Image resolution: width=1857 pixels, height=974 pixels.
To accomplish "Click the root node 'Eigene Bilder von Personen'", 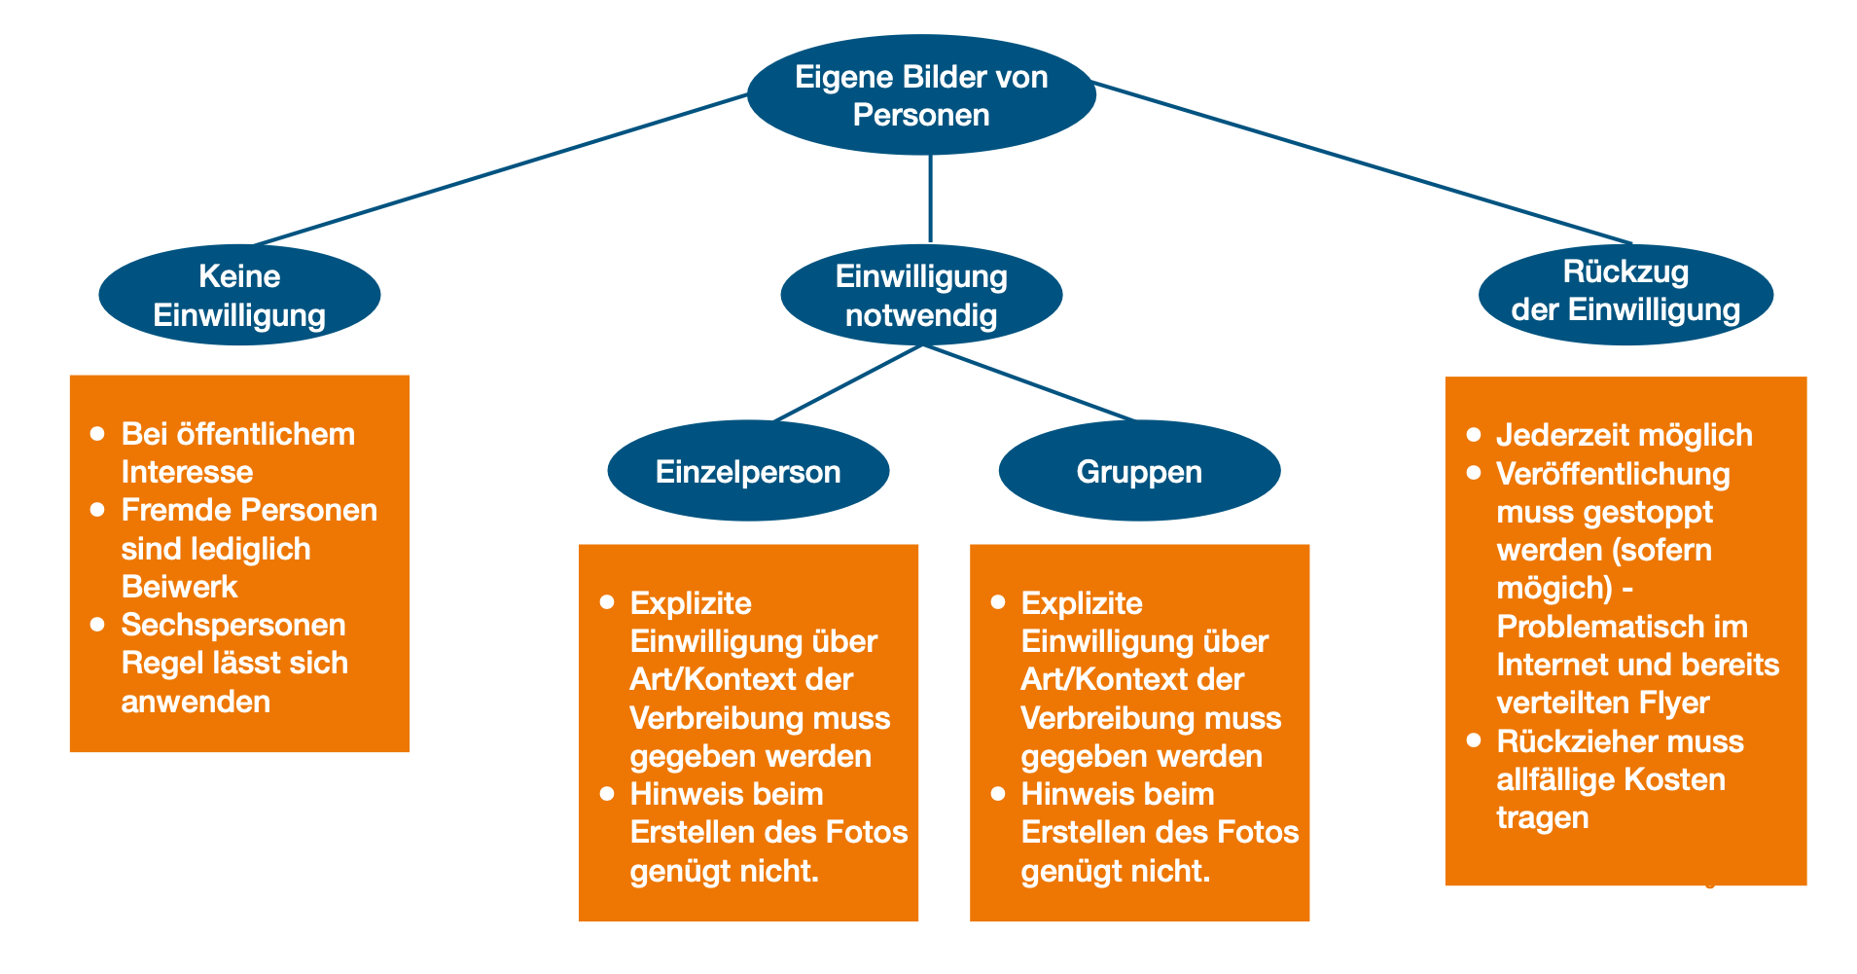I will [x=921, y=95].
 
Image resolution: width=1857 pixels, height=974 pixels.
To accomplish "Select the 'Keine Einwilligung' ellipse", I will [x=239, y=295].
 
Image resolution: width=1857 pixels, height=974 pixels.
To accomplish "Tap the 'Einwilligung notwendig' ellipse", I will [x=921, y=295].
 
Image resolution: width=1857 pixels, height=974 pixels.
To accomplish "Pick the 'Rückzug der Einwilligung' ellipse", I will [x=1625, y=293].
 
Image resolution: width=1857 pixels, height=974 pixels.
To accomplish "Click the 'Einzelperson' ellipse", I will [x=748, y=472].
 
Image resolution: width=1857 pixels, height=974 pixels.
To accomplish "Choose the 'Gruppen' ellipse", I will [x=1139, y=472].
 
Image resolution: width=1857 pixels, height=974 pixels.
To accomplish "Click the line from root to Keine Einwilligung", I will [x=501, y=169].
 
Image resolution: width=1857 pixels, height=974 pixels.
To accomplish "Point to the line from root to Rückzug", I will [x=1362, y=162].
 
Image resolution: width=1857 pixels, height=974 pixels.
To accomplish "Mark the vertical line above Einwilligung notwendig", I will [x=931, y=199].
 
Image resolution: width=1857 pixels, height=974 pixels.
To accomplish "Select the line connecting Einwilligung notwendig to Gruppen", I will [x=1028, y=382].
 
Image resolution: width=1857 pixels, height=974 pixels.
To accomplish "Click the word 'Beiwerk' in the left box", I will [x=180, y=587].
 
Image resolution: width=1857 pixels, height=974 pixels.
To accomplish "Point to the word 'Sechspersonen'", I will [x=233, y=625].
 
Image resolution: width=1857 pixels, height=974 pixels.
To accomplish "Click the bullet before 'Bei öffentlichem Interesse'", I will [x=97, y=434].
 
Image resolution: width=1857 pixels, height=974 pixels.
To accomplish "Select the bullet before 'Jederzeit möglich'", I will [x=1474, y=435].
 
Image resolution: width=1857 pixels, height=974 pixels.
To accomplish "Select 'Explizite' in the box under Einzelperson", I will [x=691, y=603].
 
